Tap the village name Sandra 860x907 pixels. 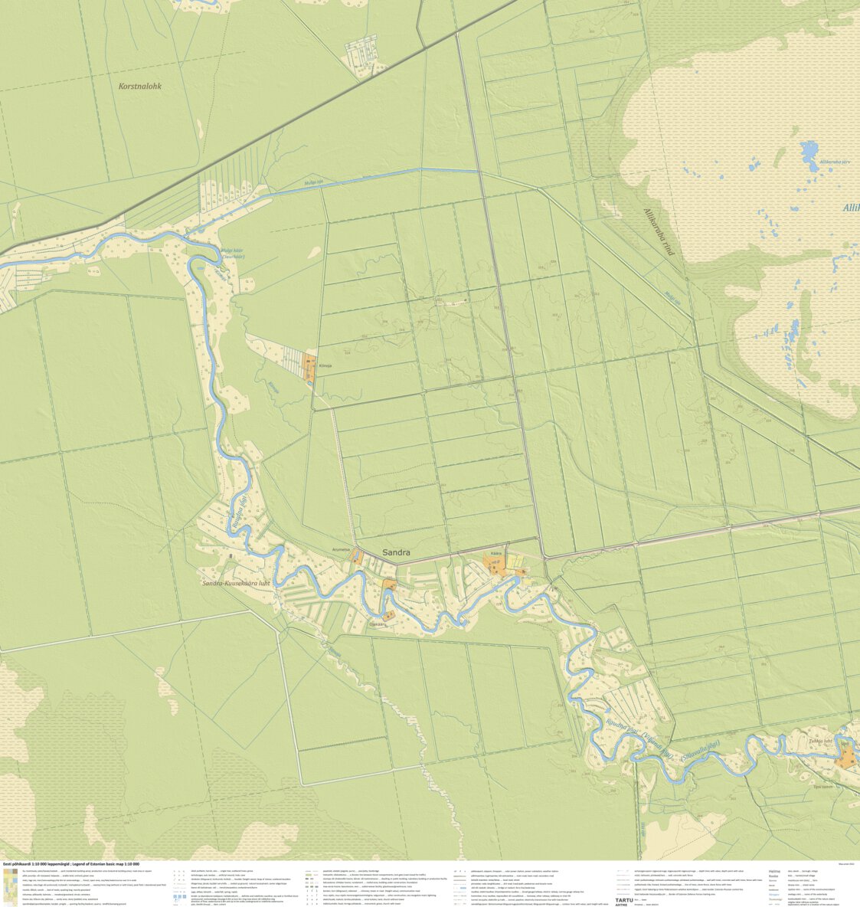click(x=396, y=552)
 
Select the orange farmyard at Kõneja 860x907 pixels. click(x=309, y=367)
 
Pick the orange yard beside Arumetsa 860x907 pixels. click(x=357, y=558)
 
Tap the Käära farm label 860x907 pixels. click(x=495, y=553)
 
